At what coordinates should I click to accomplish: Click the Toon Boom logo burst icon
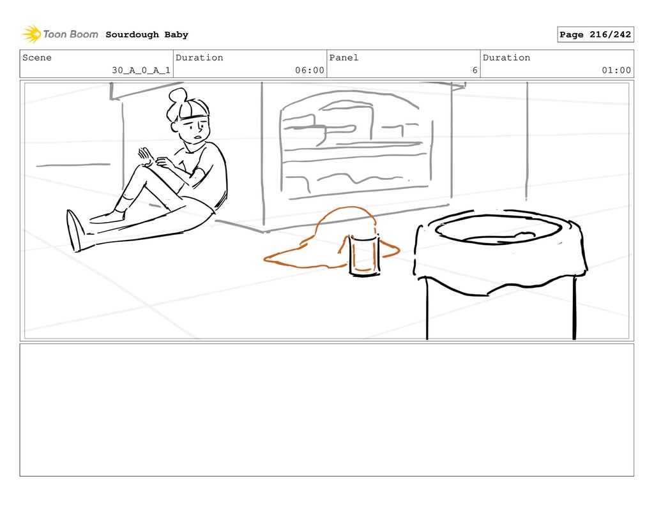point(31,34)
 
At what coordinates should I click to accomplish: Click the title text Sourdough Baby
point(147,34)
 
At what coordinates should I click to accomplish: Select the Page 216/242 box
point(595,34)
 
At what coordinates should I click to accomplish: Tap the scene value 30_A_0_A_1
point(141,70)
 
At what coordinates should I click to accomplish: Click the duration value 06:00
point(310,70)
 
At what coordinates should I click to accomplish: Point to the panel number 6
point(475,70)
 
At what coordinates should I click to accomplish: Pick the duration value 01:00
point(616,70)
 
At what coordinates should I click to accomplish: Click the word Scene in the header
point(37,57)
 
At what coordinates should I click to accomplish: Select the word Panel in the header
point(344,57)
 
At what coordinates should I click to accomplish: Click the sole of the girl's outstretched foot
point(73,230)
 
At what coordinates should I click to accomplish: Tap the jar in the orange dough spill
point(364,255)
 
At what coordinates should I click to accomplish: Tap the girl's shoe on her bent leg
point(107,217)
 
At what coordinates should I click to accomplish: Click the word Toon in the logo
point(53,34)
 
